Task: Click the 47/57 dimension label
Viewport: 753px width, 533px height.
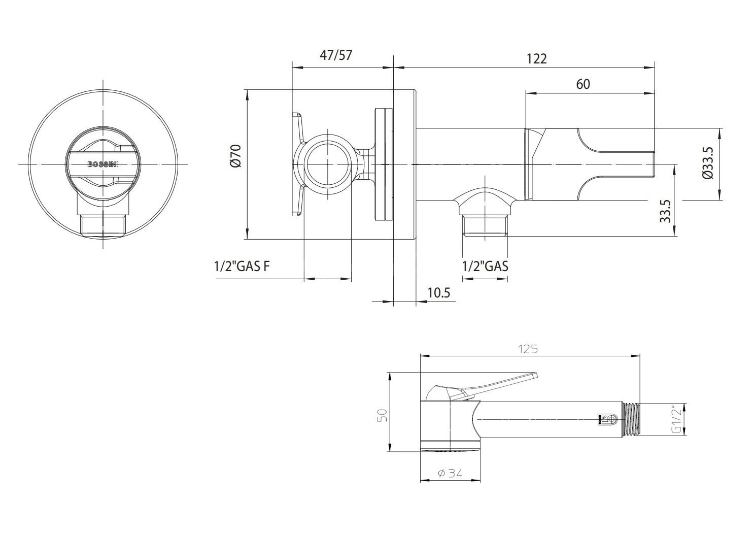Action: [x=335, y=55]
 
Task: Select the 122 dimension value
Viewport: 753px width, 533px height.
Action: [x=536, y=58]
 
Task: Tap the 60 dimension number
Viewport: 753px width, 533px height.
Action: [x=583, y=84]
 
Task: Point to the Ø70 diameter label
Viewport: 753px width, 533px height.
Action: [x=236, y=156]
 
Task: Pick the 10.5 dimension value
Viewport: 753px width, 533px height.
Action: [x=439, y=292]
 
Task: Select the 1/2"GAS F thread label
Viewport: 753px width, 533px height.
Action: [x=242, y=266]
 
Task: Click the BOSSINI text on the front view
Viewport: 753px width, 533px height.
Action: [x=102, y=164]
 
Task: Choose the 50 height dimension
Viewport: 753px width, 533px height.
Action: [x=383, y=415]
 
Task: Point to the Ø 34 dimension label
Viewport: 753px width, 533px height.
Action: [x=450, y=473]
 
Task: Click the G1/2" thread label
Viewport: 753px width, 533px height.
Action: [x=676, y=420]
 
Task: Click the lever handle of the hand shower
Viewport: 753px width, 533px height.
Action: [x=481, y=387]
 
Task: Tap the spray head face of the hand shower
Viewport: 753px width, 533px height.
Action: [x=451, y=445]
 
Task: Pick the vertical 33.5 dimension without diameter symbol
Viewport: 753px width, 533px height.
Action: [x=665, y=211]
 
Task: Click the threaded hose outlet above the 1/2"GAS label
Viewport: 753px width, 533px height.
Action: [x=485, y=225]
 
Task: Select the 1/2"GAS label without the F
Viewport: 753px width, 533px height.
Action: [x=485, y=266]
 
